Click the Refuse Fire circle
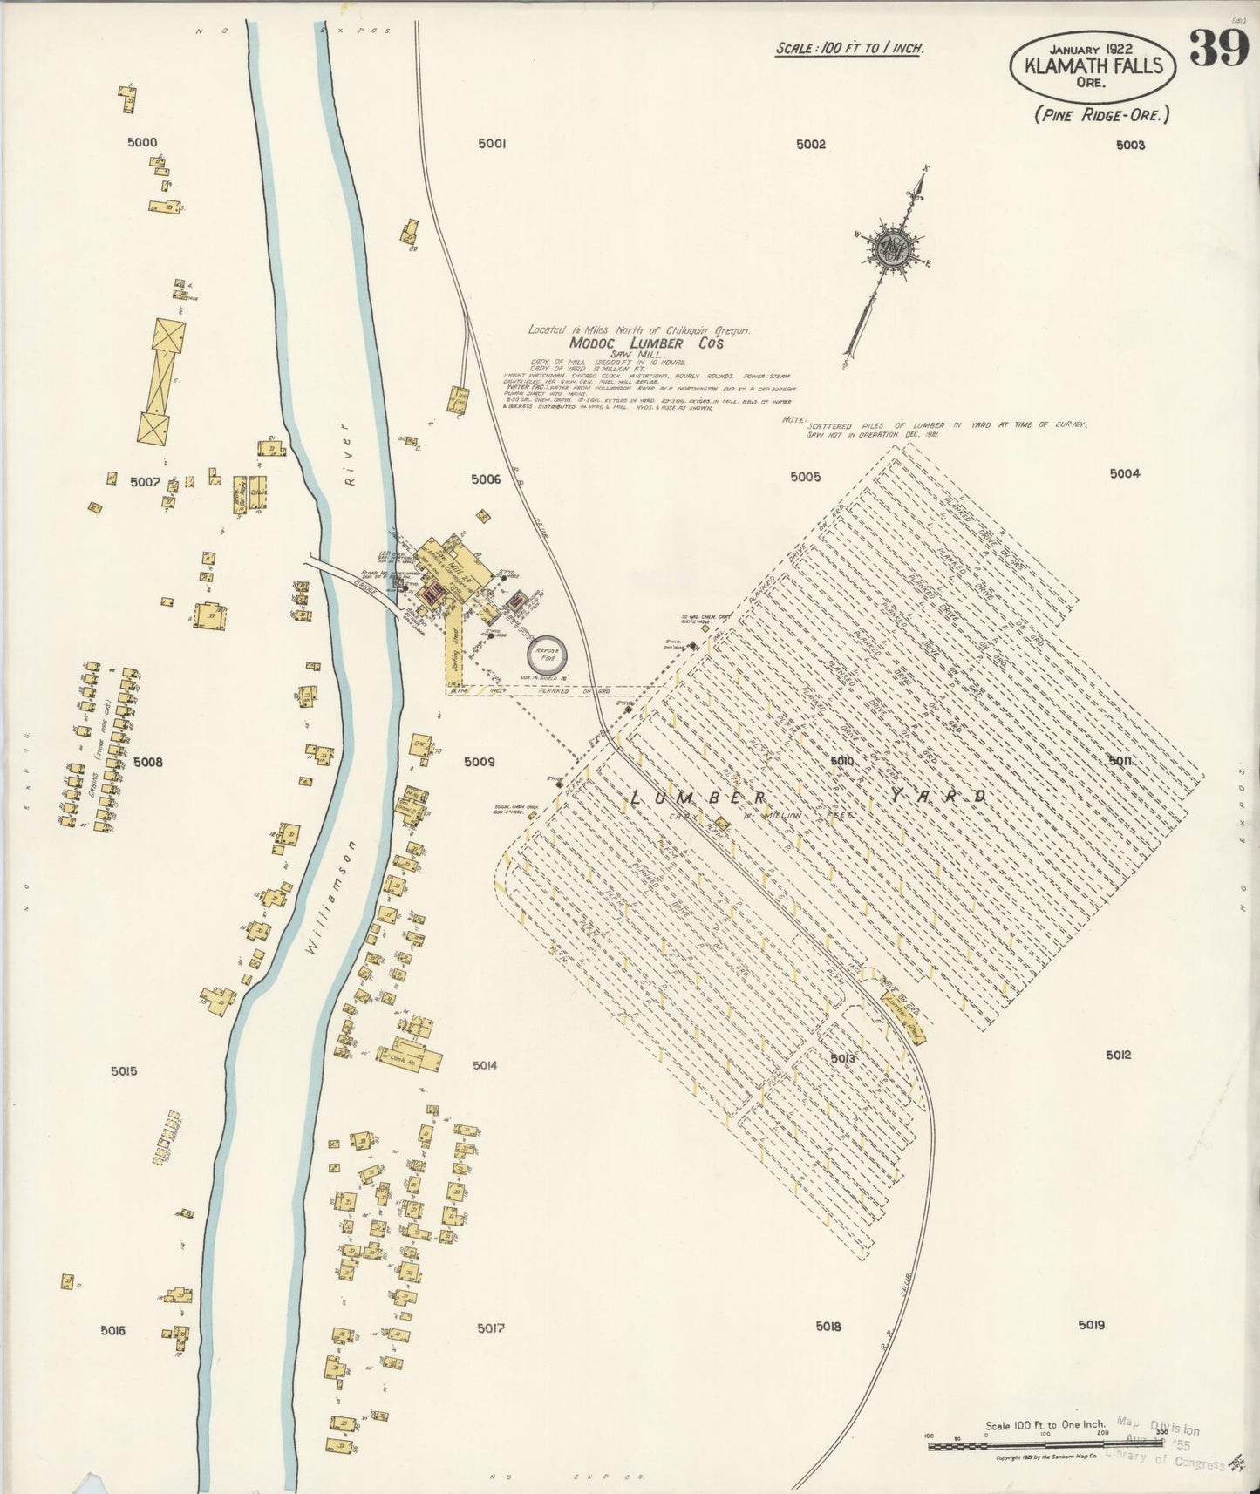coord(548,651)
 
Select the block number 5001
coord(492,145)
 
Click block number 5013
coord(842,1058)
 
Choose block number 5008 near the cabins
coord(148,763)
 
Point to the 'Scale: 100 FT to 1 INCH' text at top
coord(849,48)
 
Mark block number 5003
coord(1129,145)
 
